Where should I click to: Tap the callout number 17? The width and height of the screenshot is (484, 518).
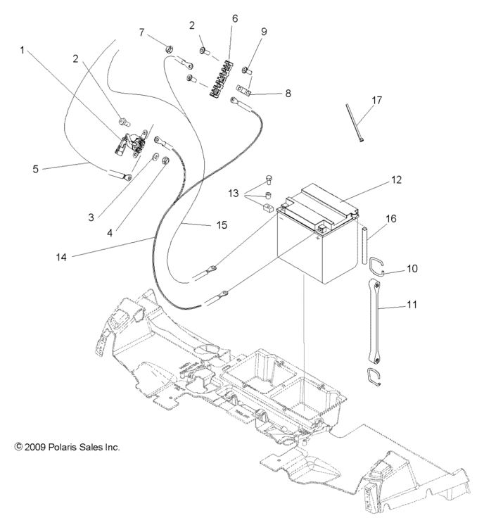[377, 101]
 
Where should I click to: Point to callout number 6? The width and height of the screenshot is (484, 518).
[235, 18]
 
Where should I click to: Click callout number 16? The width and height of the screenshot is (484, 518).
[391, 219]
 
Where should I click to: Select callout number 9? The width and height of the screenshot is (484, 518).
[264, 32]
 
